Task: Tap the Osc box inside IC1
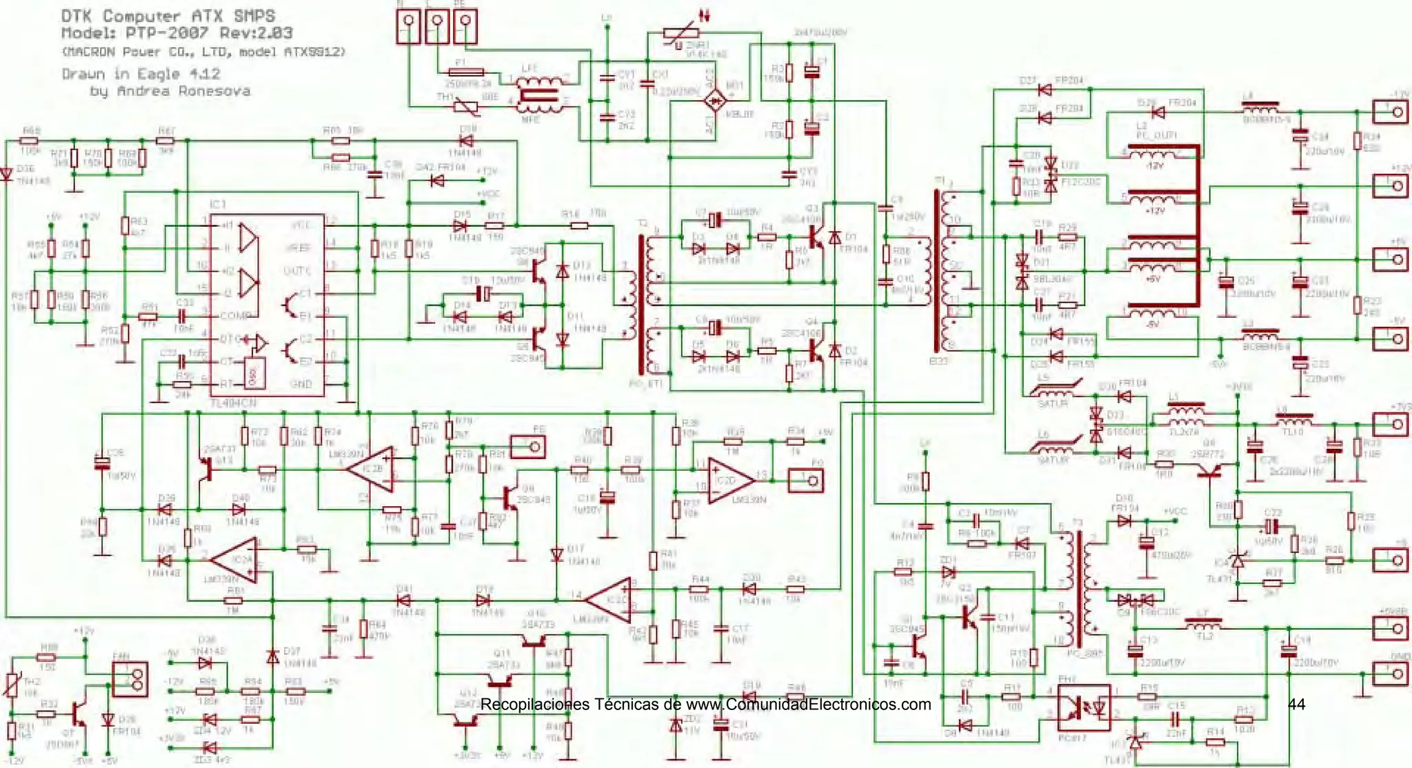pyautogui.click(x=254, y=373)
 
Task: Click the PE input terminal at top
pyautogui.click(x=465, y=25)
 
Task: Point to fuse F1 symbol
pyautogui.click(x=465, y=72)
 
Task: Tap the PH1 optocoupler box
pyautogui.click(x=1083, y=707)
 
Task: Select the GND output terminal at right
pyautogui.click(x=1390, y=673)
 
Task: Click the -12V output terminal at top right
pyautogui.click(x=1390, y=111)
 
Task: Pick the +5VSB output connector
pyautogui.click(x=1390, y=627)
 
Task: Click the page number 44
pyautogui.click(x=1296, y=704)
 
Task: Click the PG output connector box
pyautogui.click(x=805, y=480)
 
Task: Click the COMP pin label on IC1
pyautogui.click(x=235, y=316)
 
